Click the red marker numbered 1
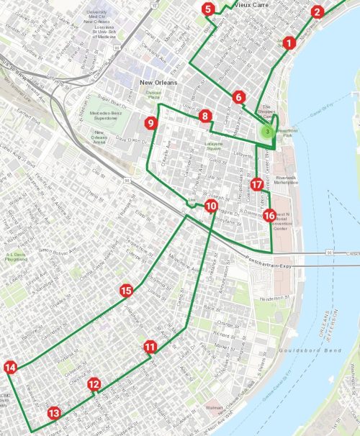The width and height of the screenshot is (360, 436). (289, 43)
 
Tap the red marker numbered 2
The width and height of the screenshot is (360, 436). (318, 12)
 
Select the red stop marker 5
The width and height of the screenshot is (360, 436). (208, 9)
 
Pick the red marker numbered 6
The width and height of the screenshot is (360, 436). (239, 97)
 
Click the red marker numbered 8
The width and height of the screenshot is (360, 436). (205, 116)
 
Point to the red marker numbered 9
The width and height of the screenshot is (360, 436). (150, 123)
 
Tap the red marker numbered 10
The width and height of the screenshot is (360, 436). (210, 206)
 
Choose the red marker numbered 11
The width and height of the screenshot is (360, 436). (150, 347)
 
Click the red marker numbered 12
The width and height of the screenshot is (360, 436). (94, 384)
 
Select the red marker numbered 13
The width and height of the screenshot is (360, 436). (53, 414)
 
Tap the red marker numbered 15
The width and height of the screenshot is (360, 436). (126, 291)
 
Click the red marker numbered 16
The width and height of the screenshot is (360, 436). (269, 215)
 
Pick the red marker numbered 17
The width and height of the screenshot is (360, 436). (258, 184)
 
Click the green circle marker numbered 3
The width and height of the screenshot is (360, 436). (267, 132)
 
